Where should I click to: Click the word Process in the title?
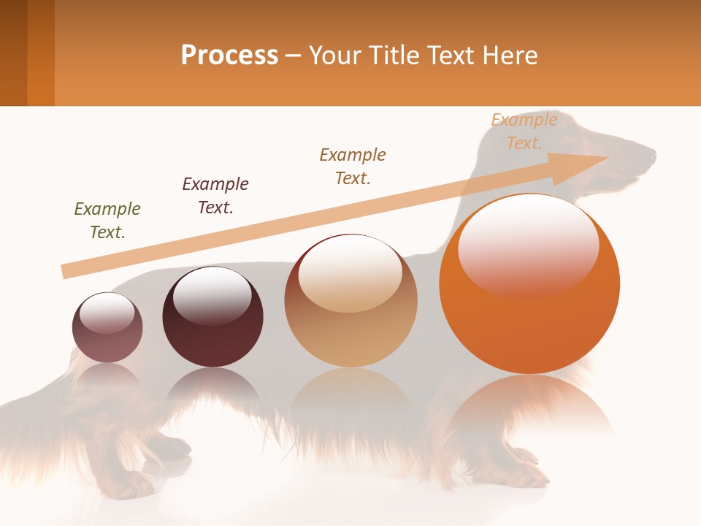tap(229, 56)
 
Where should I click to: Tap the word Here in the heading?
tap(509, 56)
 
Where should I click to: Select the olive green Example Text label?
tap(107, 221)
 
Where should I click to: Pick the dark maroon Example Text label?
tap(215, 196)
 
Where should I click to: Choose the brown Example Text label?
tap(353, 167)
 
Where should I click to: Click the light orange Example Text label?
tap(524, 131)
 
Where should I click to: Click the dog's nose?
tap(652, 156)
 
